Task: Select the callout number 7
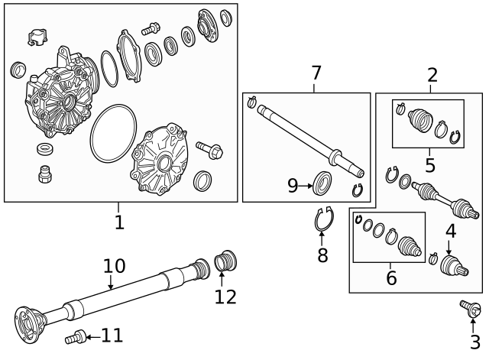(316, 73)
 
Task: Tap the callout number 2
(432, 75)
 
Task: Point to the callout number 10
(114, 266)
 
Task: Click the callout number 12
(225, 297)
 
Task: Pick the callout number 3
(474, 342)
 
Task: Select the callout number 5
(430, 165)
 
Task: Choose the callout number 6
(391, 278)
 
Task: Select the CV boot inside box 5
(419, 122)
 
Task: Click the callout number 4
(451, 231)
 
